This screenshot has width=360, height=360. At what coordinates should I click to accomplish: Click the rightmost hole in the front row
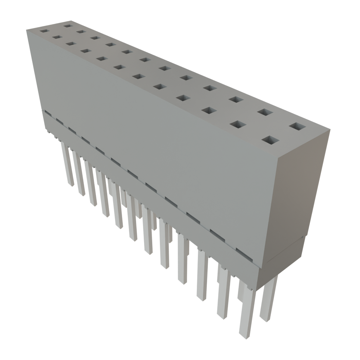pos(270,141)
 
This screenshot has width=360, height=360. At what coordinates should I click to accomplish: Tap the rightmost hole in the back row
pos(297,127)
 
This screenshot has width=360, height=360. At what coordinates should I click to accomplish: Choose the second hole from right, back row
pos(265,112)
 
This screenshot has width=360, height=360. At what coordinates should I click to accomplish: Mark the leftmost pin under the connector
pos(67,165)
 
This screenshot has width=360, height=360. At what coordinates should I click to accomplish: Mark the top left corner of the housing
pos(27,30)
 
